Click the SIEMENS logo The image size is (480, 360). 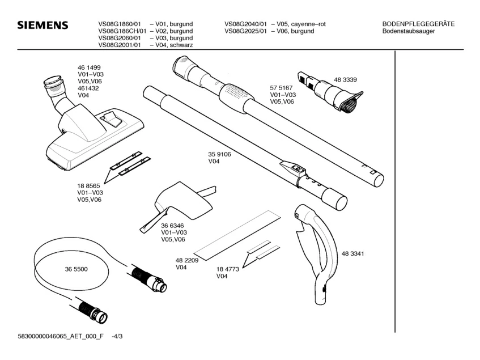(43, 26)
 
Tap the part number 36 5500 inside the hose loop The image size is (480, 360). (77, 269)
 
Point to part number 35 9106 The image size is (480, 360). (220, 154)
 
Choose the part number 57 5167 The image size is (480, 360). (281, 88)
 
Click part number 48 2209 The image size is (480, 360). (186, 260)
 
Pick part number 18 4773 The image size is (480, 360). (228, 269)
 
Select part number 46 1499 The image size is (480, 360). (89, 67)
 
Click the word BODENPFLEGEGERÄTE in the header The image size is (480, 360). (419, 24)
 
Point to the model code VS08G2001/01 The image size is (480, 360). (119, 44)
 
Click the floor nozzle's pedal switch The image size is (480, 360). (112, 118)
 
